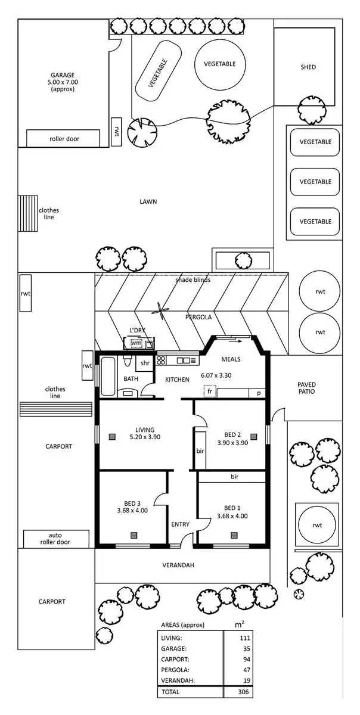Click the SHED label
click(x=308, y=67)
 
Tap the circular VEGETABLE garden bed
click(x=219, y=64)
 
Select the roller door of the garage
click(x=64, y=139)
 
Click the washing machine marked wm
click(x=136, y=343)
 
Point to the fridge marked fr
click(x=210, y=392)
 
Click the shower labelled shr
click(x=145, y=363)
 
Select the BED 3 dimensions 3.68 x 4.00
click(x=132, y=510)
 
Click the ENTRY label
click(x=180, y=524)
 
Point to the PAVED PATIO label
click(x=307, y=388)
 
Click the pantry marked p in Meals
click(x=259, y=393)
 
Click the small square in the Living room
click(x=112, y=437)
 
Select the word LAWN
click(x=148, y=202)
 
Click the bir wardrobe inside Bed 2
click(x=200, y=450)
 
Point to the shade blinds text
click(x=193, y=279)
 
